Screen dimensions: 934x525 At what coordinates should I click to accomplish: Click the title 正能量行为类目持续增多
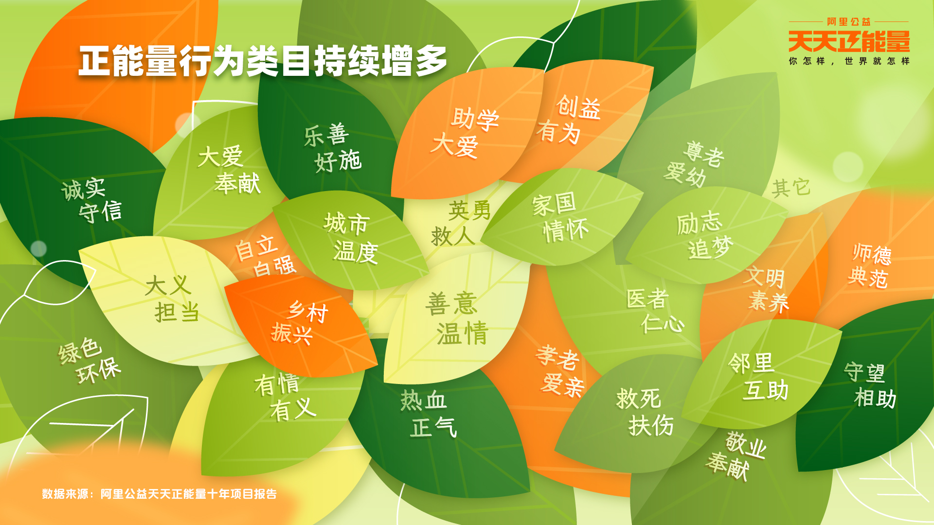point(263,61)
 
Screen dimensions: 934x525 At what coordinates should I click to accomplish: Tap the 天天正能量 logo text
point(849,41)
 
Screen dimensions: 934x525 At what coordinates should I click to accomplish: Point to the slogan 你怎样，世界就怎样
point(849,61)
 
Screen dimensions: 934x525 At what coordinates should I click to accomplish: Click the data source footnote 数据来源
point(159,494)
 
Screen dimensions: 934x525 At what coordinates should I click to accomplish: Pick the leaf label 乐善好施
point(333,148)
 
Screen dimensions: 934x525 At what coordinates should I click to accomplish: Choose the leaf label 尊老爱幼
point(694,164)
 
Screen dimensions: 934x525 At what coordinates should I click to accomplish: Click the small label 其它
point(791,188)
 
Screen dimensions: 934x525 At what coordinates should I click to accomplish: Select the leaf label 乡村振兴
point(300,323)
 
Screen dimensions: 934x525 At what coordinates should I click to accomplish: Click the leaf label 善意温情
point(457,318)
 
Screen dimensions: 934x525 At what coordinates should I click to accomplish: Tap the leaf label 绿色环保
point(89,360)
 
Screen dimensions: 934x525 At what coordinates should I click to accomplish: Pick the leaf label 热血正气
point(429,414)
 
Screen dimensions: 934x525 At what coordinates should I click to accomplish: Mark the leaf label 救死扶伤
point(645,412)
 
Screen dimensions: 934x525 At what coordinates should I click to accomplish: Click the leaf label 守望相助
point(870,385)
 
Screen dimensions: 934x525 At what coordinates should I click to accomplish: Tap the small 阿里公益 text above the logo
point(849,22)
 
